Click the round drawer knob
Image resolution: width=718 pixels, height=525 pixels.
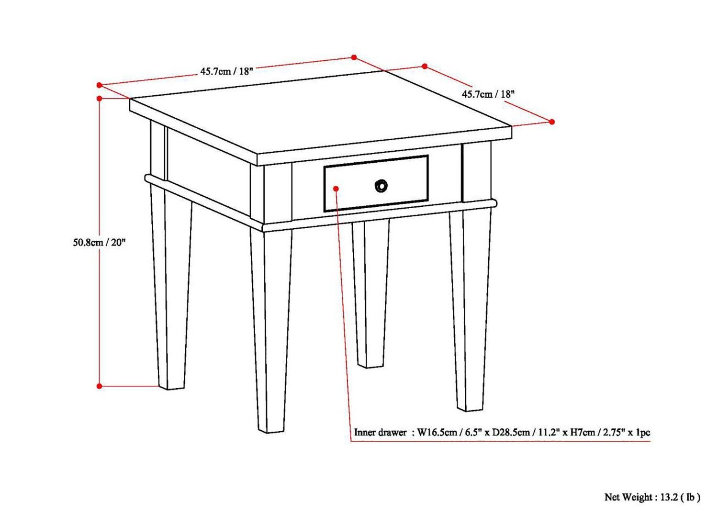(381, 186)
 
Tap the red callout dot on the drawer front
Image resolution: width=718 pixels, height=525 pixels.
(337, 189)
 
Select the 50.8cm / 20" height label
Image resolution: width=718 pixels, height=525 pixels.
(99, 242)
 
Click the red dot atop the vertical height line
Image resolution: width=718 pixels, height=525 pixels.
(100, 99)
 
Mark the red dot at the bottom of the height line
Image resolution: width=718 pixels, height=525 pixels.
(100, 386)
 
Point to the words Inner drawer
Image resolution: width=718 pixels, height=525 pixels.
(380, 433)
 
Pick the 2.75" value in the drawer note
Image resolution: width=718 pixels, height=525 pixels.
(615, 433)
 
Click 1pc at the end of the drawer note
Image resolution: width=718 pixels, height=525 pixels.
(643, 433)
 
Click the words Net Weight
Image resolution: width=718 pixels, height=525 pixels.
(628, 498)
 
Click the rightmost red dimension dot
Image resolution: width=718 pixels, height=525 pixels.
(552, 122)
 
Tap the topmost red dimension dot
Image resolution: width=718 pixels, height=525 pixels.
(354, 57)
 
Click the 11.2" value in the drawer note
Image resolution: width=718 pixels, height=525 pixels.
(548, 433)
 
